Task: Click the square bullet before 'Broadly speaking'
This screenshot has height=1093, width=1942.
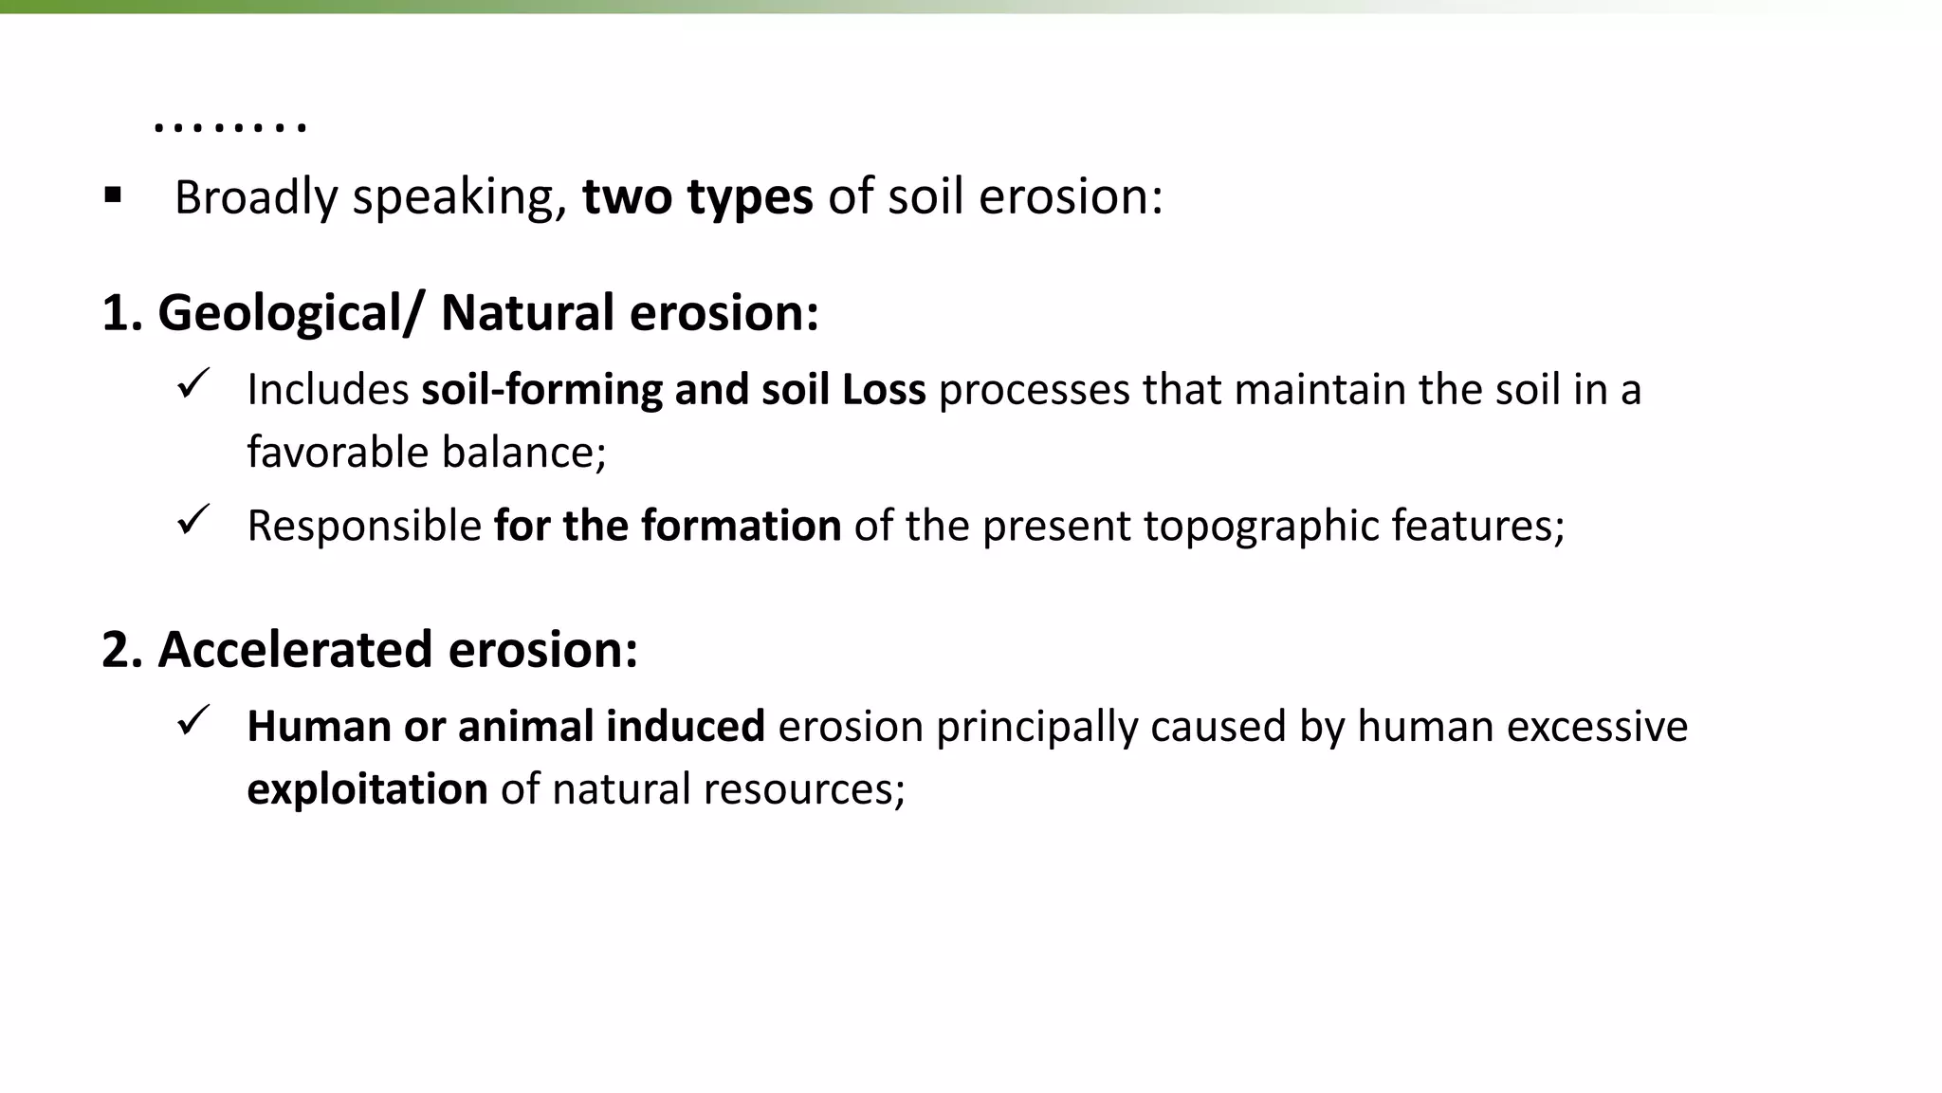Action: tap(114, 196)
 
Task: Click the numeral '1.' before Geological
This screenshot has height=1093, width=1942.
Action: tap(122, 312)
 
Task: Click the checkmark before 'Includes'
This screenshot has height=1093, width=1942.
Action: tap(192, 383)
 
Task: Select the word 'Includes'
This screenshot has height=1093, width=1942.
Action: tap(328, 389)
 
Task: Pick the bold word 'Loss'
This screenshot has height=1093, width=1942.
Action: tap(884, 389)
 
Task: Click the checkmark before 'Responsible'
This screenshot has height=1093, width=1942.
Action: tap(192, 520)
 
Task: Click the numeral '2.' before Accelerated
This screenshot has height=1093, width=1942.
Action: tap(122, 649)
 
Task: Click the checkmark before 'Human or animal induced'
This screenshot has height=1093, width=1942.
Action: tap(192, 721)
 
